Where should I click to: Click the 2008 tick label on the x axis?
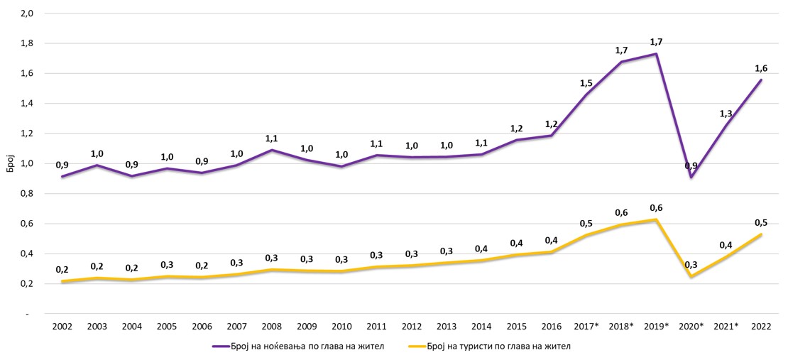(x=272, y=326)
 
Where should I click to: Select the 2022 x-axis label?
(x=762, y=326)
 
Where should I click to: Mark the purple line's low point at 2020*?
(x=690, y=177)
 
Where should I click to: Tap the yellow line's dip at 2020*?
(x=690, y=276)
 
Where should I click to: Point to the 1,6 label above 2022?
(x=760, y=67)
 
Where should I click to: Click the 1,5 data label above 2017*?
(x=587, y=83)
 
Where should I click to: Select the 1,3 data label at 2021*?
(x=726, y=114)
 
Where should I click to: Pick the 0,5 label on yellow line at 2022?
(x=760, y=222)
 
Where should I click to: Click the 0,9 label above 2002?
(x=63, y=164)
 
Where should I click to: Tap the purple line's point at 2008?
(x=272, y=150)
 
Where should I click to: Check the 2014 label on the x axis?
(x=481, y=326)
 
